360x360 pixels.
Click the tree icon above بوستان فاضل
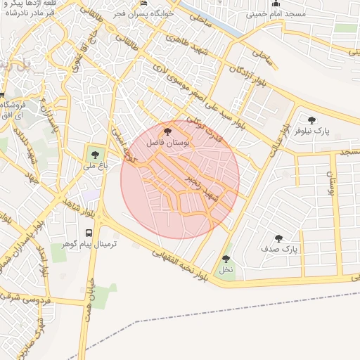pos(167,131)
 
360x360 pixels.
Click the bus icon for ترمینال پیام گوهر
pos(89,233)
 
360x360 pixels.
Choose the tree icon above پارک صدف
pos(279,238)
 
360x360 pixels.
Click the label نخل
pos(226,269)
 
